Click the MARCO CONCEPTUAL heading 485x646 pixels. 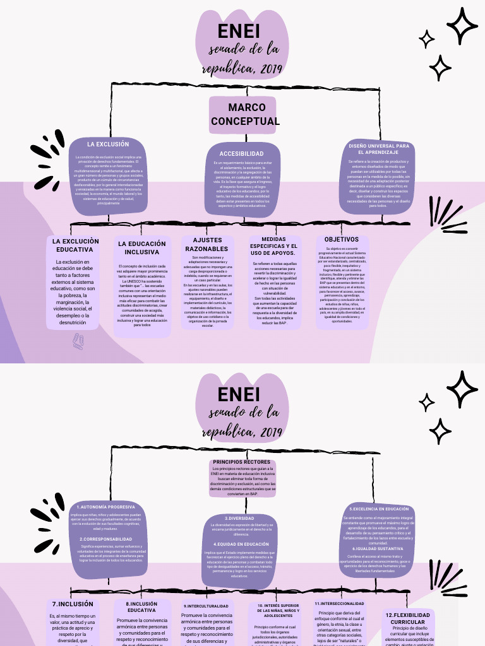245,114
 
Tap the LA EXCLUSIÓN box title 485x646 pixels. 108,144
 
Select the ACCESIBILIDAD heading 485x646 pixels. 242,154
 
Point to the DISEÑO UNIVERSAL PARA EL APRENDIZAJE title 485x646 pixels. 379,149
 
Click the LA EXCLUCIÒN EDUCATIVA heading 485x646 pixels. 73,245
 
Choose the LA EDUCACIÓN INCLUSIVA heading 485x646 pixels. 142,248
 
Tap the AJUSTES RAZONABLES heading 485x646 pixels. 207,244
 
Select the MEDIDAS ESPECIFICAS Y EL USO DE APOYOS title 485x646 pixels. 273,246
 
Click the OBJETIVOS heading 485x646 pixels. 342,240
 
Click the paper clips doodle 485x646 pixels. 78,343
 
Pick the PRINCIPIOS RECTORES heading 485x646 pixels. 242,462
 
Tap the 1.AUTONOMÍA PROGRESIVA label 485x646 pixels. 106,507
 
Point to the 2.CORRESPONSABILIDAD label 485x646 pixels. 106,539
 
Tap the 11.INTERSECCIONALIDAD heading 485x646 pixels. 339,604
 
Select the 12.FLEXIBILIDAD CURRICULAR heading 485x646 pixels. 408,618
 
